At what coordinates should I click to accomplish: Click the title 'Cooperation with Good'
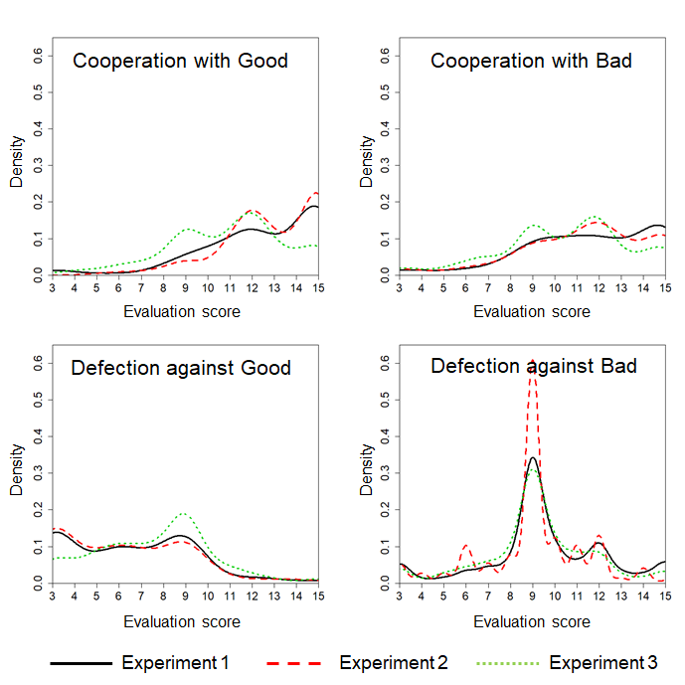tap(180, 61)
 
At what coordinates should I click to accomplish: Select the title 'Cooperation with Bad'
tap(531, 61)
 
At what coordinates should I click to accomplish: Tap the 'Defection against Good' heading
tap(180, 368)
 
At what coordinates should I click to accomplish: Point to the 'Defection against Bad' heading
tap(533, 366)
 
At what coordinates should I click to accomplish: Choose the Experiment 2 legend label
tap(394, 662)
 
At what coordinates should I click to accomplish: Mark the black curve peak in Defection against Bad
tap(533, 458)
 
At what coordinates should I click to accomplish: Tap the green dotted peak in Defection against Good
tap(184, 513)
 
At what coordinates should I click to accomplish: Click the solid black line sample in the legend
tap(79, 663)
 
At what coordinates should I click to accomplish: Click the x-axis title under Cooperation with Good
tap(182, 311)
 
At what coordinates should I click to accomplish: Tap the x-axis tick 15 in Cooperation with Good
tap(317, 288)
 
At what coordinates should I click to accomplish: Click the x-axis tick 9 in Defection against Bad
tap(533, 598)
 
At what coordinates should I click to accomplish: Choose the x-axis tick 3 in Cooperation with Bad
tap(400, 288)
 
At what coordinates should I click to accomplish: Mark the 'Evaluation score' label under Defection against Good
tap(182, 621)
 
